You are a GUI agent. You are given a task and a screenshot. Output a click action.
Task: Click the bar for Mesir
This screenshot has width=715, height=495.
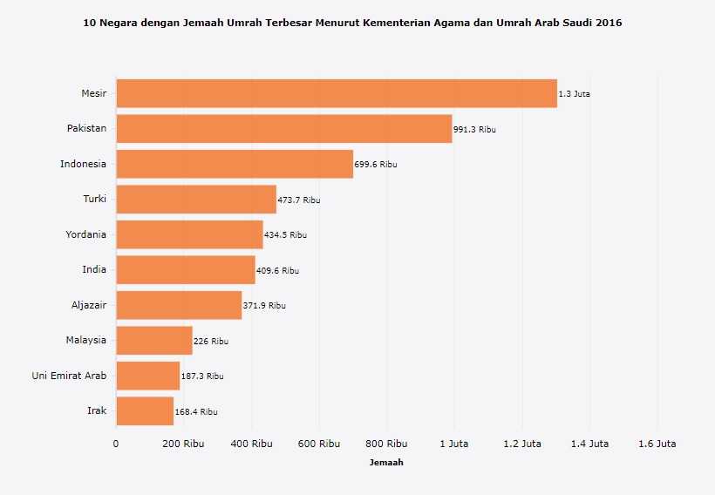(x=337, y=93)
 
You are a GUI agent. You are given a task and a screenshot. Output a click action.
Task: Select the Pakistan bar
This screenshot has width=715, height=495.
(x=284, y=129)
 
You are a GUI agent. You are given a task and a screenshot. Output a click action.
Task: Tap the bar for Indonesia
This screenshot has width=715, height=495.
(x=235, y=164)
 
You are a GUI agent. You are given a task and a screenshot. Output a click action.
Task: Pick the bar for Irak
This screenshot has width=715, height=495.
(x=145, y=411)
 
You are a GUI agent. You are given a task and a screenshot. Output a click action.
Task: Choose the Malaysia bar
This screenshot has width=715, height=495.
(x=154, y=341)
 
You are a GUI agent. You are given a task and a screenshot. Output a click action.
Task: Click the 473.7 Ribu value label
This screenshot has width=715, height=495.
(x=299, y=200)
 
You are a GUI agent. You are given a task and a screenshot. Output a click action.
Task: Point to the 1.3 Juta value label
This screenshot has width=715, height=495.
(x=574, y=94)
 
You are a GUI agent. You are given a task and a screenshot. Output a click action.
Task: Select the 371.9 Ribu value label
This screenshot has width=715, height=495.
(x=264, y=306)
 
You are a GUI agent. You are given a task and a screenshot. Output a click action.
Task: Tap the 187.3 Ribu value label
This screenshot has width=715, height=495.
(x=202, y=376)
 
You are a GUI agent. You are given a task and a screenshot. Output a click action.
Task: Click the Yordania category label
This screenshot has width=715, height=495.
(x=85, y=234)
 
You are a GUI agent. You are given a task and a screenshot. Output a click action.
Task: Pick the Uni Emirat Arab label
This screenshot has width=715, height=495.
(x=69, y=376)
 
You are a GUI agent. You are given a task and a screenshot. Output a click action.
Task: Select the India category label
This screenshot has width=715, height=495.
(x=94, y=270)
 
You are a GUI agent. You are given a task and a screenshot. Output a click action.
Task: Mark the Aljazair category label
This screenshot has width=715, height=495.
(x=89, y=305)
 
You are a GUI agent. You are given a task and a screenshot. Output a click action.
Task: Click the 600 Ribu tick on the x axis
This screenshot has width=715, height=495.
(x=318, y=444)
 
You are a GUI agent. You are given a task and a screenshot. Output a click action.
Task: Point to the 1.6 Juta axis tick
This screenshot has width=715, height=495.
(x=657, y=444)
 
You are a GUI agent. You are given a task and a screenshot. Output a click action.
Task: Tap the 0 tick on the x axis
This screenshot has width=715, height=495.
(x=116, y=444)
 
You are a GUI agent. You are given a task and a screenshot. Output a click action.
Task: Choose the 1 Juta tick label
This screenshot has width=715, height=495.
(x=453, y=444)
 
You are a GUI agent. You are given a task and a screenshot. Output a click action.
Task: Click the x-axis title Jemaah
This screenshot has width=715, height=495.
(x=386, y=463)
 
